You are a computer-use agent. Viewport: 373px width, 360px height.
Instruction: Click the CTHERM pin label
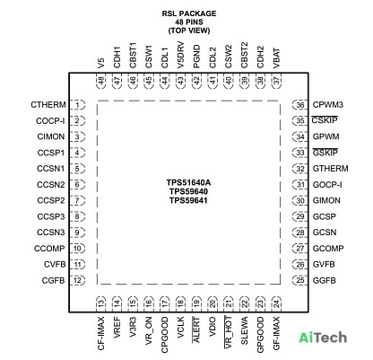click(x=48, y=105)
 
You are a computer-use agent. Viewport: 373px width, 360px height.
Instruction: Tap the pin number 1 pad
click(x=77, y=105)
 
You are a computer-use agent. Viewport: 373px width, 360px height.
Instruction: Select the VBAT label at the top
click(x=276, y=58)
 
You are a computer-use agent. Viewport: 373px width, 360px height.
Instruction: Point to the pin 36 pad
click(x=300, y=105)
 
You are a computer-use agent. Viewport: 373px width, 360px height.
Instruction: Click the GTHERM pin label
click(x=330, y=169)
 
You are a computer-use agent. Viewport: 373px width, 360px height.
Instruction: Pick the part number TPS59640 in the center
click(x=188, y=191)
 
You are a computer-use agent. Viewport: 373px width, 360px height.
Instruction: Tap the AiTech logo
click(x=323, y=338)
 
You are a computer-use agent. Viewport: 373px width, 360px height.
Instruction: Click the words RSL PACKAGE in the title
click(x=189, y=13)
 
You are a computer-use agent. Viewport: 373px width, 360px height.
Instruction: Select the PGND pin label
click(x=196, y=57)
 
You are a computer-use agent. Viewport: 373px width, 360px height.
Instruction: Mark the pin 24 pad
click(x=276, y=303)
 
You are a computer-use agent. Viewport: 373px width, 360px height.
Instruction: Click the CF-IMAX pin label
click(x=101, y=333)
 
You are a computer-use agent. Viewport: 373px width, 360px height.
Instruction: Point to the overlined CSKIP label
click(x=325, y=120)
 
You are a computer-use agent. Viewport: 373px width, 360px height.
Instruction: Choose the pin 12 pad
click(x=77, y=280)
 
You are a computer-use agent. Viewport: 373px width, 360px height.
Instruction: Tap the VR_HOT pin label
click(x=229, y=332)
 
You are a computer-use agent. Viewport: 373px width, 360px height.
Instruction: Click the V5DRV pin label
click(x=180, y=55)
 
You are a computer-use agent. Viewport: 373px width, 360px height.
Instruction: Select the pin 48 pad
click(x=101, y=81)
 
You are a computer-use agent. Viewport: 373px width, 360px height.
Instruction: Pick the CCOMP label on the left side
click(x=49, y=249)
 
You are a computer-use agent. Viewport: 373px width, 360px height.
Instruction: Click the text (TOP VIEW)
click(x=189, y=31)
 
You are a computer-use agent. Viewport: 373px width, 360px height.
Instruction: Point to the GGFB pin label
click(x=325, y=280)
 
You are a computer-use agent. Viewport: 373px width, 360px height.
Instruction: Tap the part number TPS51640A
click(x=188, y=182)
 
